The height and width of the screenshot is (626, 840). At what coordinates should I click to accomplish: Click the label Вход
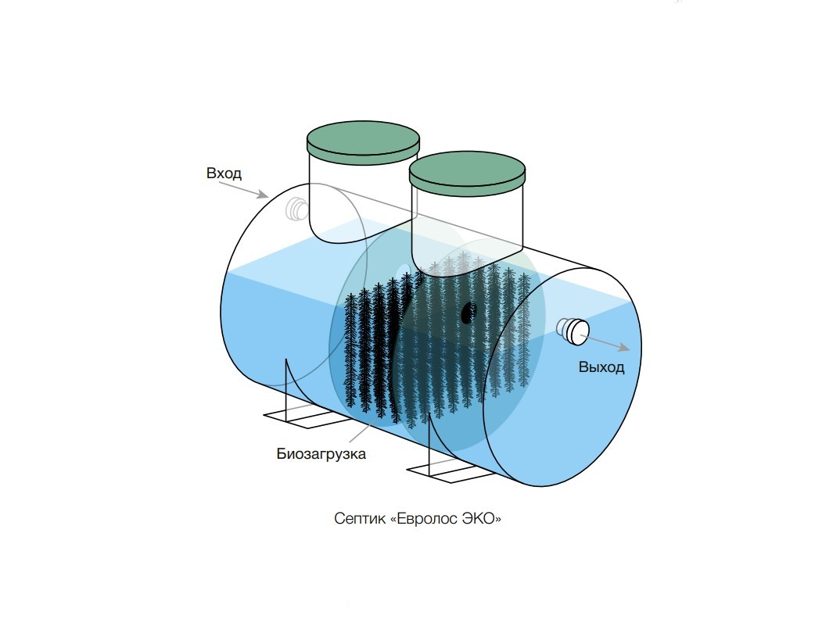pyautogui.click(x=224, y=173)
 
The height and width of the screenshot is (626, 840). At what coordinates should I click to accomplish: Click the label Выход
pyautogui.click(x=601, y=367)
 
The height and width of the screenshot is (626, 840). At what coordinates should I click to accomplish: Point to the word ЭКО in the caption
pyautogui.click(x=483, y=519)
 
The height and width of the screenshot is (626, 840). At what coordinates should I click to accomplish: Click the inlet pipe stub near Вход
pyautogui.click(x=297, y=209)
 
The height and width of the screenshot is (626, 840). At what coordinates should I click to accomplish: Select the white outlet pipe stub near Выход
pyautogui.click(x=575, y=331)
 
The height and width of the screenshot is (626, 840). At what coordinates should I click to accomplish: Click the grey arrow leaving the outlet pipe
pyautogui.click(x=607, y=344)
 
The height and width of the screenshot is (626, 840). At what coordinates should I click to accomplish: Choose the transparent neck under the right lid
pyautogui.click(x=468, y=223)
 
